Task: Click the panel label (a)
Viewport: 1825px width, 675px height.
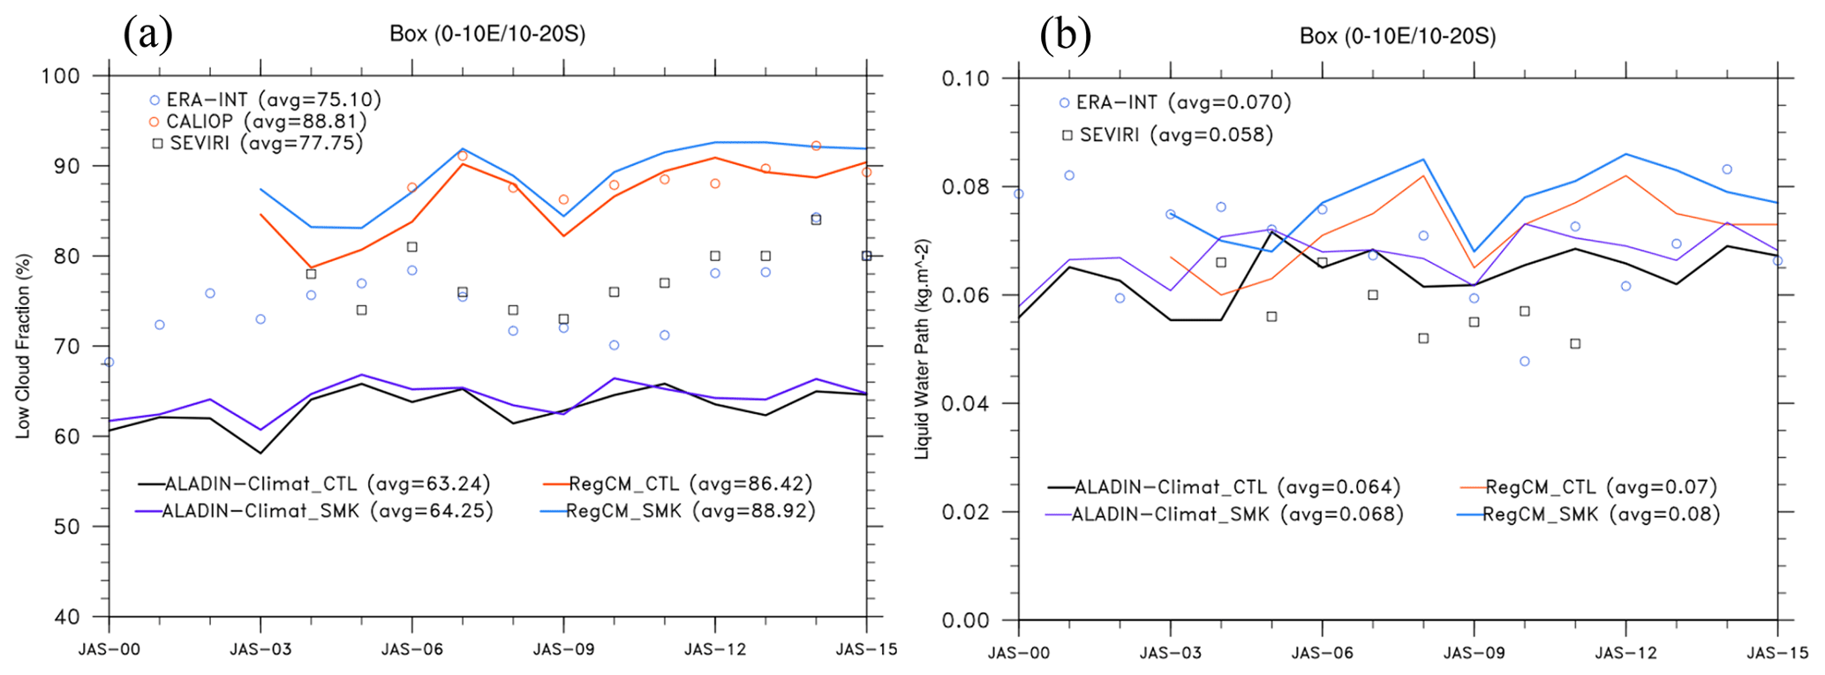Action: pos(147,34)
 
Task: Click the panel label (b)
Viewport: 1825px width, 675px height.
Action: pos(1065,35)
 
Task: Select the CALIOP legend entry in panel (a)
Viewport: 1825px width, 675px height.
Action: pos(257,122)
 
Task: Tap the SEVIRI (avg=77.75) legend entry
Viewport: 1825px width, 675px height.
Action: pos(257,143)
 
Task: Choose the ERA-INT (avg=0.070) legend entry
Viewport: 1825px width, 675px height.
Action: pos(1174,102)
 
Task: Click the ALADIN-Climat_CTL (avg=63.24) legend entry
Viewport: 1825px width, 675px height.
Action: pos(314,484)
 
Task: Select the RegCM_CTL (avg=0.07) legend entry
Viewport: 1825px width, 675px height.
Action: pos(1588,487)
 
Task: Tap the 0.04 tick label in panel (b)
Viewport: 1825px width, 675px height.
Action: pos(965,404)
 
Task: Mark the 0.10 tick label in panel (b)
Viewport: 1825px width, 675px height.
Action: pos(965,79)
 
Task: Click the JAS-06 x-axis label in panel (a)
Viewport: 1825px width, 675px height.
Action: pos(411,649)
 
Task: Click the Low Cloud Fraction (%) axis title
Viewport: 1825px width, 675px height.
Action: pos(24,346)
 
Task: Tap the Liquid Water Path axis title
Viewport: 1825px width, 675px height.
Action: pos(922,349)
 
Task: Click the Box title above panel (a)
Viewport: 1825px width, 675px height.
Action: pos(487,34)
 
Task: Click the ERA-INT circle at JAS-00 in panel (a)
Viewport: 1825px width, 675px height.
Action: pos(109,362)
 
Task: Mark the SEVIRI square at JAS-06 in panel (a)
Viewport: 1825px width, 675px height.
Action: pos(411,247)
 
